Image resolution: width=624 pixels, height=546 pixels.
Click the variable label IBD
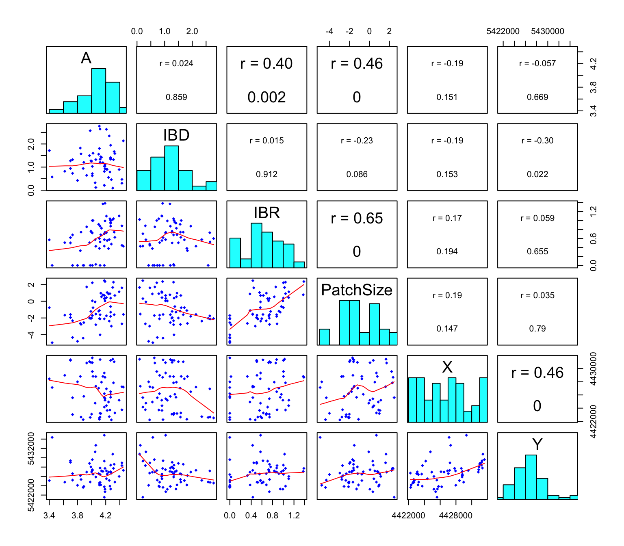(x=176, y=135)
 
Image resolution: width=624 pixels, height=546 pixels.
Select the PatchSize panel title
(x=357, y=290)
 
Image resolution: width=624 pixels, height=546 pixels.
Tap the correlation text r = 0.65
(x=357, y=218)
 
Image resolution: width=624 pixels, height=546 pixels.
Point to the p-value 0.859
(x=176, y=97)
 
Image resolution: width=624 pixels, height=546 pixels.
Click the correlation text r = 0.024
(x=176, y=63)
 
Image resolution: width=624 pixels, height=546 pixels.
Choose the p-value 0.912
(x=266, y=174)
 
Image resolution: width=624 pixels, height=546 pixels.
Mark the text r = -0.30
(x=537, y=141)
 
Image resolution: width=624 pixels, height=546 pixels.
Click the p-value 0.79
(x=537, y=329)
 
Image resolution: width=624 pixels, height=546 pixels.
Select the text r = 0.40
(x=266, y=63)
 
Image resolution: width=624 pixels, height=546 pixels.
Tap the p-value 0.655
(x=537, y=251)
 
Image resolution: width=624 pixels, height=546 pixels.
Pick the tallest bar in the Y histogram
(x=531, y=477)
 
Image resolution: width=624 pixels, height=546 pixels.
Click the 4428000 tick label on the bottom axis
(x=455, y=516)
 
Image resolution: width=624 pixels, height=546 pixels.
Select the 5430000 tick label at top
(x=547, y=31)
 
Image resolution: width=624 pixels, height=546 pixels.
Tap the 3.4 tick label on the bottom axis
(x=49, y=516)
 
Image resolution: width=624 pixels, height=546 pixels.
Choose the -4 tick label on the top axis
(x=329, y=31)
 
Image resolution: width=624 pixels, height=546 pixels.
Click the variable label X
(x=447, y=367)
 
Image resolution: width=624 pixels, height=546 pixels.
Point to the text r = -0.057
(x=537, y=63)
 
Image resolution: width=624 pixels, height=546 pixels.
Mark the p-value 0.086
(x=357, y=174)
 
